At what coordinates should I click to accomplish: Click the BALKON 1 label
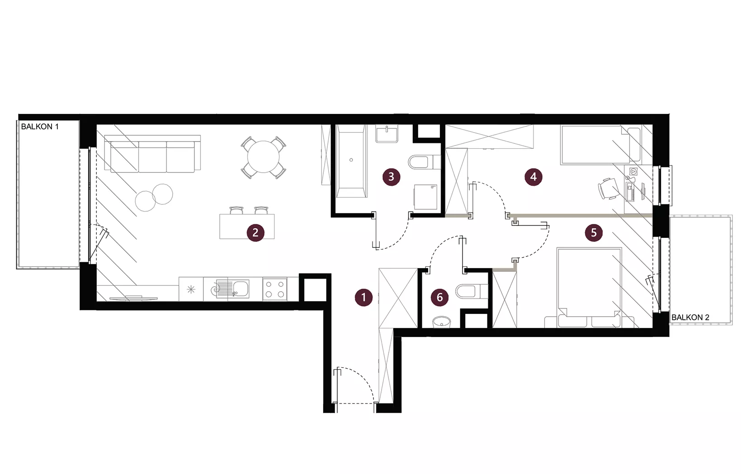click(x=40, y=127)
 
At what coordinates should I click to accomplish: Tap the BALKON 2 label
click(x=690, y=318)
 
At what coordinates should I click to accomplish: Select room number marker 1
click(x=363, y=298)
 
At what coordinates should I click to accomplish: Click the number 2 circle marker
click(x=255, y=232)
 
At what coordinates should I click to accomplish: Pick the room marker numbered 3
click(x=392, y=177)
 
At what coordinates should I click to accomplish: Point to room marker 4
click(x=533, y=177)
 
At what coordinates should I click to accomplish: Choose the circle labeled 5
click(x=594, y=232)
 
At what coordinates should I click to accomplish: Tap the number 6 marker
click(x=439, y=297)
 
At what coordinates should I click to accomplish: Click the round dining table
click(x=263, y=157)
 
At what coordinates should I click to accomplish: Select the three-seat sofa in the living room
click(x=152, y=154)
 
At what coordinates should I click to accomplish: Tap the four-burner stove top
click(x=275, y=289)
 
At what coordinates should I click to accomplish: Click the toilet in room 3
click(x=425, y=162)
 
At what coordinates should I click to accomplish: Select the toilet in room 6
click(x=472, y=291)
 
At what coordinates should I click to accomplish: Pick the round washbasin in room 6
click(x=442, y=322)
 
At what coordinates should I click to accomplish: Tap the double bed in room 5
click(x=589, y=287)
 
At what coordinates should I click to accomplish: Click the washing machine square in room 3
click(x=425, y=197)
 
